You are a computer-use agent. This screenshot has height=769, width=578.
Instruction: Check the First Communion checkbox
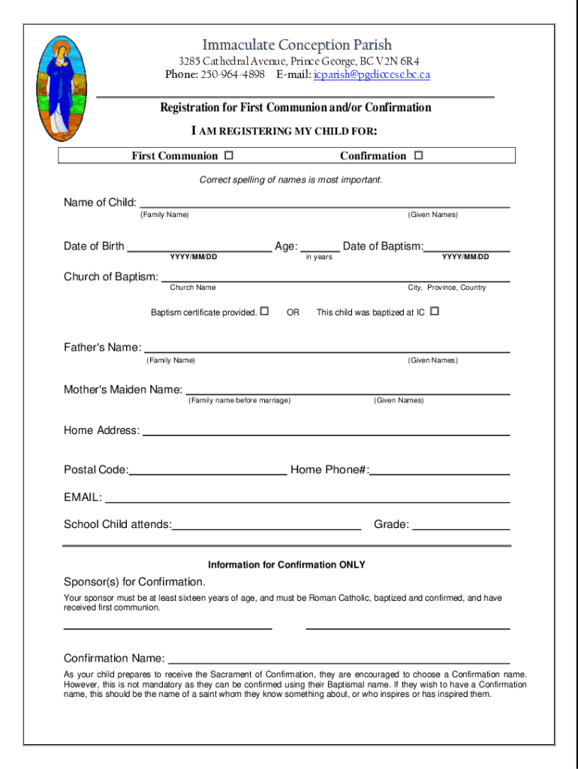tap(228, 155)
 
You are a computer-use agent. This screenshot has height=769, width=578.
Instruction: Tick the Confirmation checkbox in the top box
tap(418, 155)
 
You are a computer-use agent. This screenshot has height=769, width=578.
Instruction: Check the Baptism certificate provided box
tap(264, 311)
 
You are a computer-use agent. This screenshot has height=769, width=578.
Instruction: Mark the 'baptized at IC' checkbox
tap(434, 311)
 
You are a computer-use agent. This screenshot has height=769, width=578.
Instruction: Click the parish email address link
tap(372, 74)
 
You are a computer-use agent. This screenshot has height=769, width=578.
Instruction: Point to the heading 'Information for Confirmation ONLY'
tap(287, 565)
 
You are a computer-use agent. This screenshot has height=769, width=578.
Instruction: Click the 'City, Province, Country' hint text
tap(447, 288)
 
